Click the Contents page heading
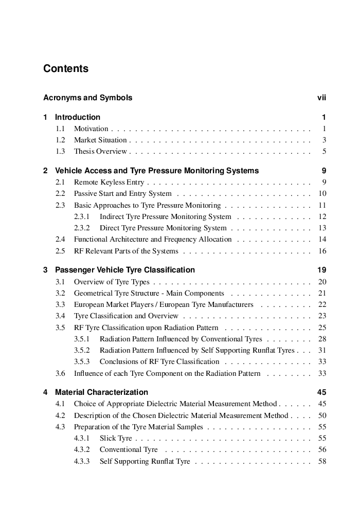[x=66, y=69]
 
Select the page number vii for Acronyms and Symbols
[x=321, y=98]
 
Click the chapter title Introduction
[x=78, y=117]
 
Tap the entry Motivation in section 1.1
[x=91, y=129]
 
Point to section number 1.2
[x=60, y=140]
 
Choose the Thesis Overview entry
[x=100, y=152]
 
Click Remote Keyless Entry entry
[x=109, y=183]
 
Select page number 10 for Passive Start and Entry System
[x=322, y=194]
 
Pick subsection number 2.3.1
[x=82, y=216]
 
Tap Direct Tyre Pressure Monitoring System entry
[x=163, y=228]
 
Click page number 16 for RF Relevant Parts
[x=322, y=251]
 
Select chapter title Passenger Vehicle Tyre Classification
[x=125, y=270]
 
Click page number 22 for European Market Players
[x=322, y=305]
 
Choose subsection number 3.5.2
[x=82, y=351]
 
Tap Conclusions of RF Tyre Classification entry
[x=159, y=362]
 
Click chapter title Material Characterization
[x=101, y=392]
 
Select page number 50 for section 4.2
[x=322, y=415]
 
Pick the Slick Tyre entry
[x=116, y=439]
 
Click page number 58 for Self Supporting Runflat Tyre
[x=322, y=462]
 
